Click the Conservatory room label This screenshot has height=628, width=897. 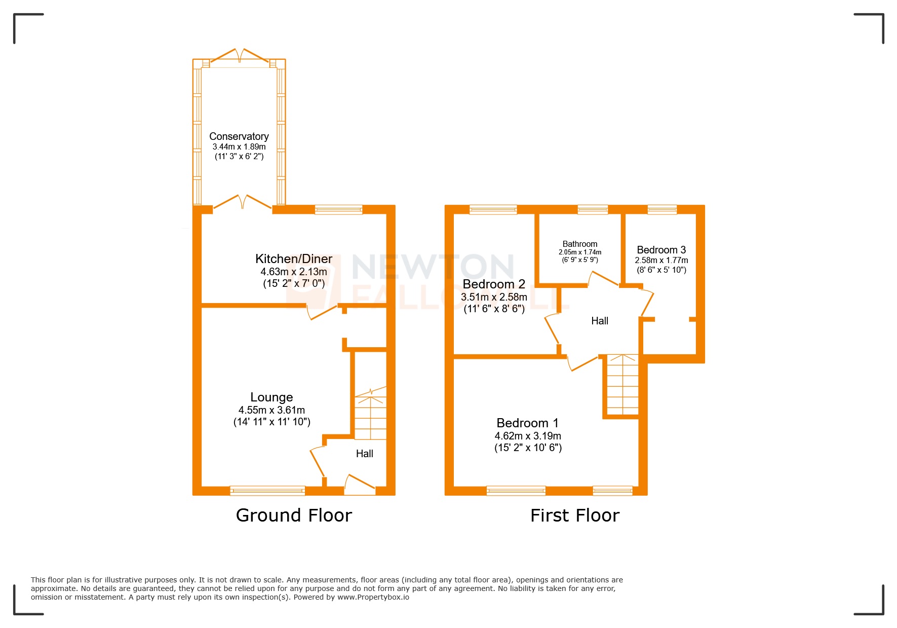239,136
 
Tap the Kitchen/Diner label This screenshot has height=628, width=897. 294,259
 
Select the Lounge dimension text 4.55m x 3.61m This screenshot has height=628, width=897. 271,410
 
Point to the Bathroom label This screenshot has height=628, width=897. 580,244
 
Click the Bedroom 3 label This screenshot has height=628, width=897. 661,250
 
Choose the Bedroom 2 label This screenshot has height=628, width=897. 494,284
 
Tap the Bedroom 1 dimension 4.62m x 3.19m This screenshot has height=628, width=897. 528,436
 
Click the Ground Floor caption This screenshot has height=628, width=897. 294,515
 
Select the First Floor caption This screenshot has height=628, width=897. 575,515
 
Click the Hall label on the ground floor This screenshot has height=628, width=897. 364,454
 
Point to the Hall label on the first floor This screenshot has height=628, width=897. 600,321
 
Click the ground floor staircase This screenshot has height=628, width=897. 370,413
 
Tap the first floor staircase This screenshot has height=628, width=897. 622,384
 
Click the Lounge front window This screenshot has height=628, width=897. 267,490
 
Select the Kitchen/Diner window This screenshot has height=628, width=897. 338,209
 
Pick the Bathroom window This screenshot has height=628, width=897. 593,209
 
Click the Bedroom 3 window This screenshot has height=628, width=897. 662,209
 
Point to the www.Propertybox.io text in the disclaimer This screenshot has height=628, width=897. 373,597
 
